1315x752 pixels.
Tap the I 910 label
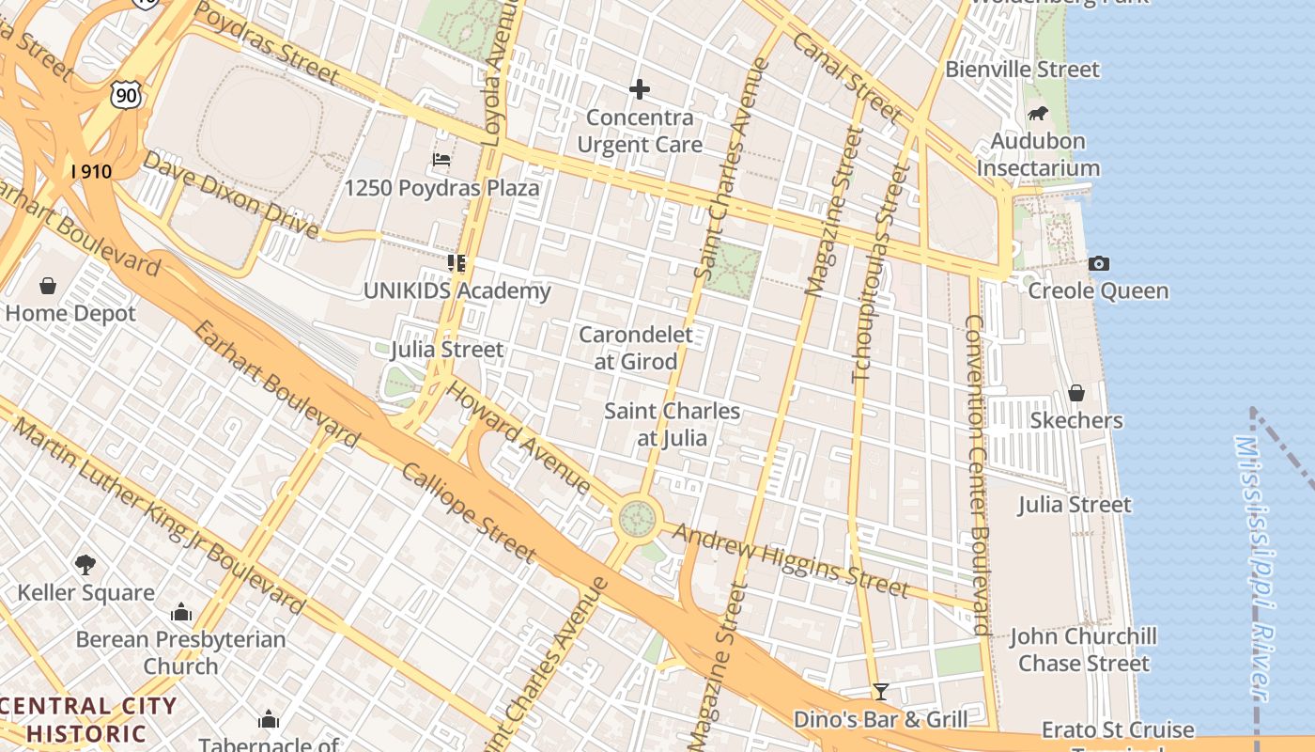pyautogui.click(x=91, y=171)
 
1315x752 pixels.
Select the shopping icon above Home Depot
pyautogui.click(x=48, y=285)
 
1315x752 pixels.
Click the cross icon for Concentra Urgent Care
pyautogui.click(x=640, y=89)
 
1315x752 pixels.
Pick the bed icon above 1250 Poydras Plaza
pyautogui.click(x=441, y=160)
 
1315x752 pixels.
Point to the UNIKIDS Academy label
pyautogui.click(x=457, y=291)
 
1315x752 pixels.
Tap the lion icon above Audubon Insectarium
pyautogui.click(x=1038, y=114)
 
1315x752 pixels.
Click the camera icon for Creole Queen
pyautogui.click(x=1098, y=263)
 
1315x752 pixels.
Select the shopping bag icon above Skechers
pyautogui.click(x=1076, y=392)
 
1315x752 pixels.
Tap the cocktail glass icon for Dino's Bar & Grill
pyautogui.click(x=880, y=692)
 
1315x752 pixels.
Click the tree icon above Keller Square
pyautogui.click(x=85, y=564)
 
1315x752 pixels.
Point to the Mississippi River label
pyautogui.click(x=1258, y=564)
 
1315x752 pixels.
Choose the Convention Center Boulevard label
pyautogui.click(x=977, y=475)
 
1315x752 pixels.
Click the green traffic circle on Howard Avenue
pyautogui.click(x=637, y=517)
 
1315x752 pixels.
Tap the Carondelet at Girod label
pyautogui.click(x=636, y=348)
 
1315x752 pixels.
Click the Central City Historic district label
pyautogui.click(x=88, y=720)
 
